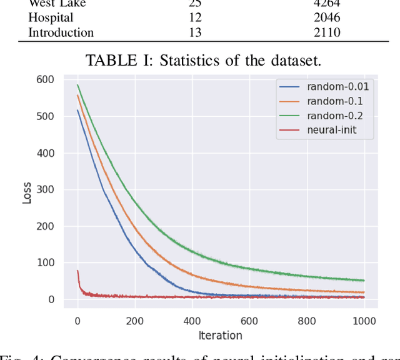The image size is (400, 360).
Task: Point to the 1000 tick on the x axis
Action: tap(364, 321)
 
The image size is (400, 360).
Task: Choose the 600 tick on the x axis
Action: tap(249, 321)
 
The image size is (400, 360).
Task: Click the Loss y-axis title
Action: tap(26, 190)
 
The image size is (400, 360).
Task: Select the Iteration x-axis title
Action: tap(220, 336)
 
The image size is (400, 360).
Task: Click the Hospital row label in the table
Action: tap(51, 18)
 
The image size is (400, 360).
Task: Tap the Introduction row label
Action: tap(61, 32)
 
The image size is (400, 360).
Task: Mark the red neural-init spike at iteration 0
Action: tap(77, 271)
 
